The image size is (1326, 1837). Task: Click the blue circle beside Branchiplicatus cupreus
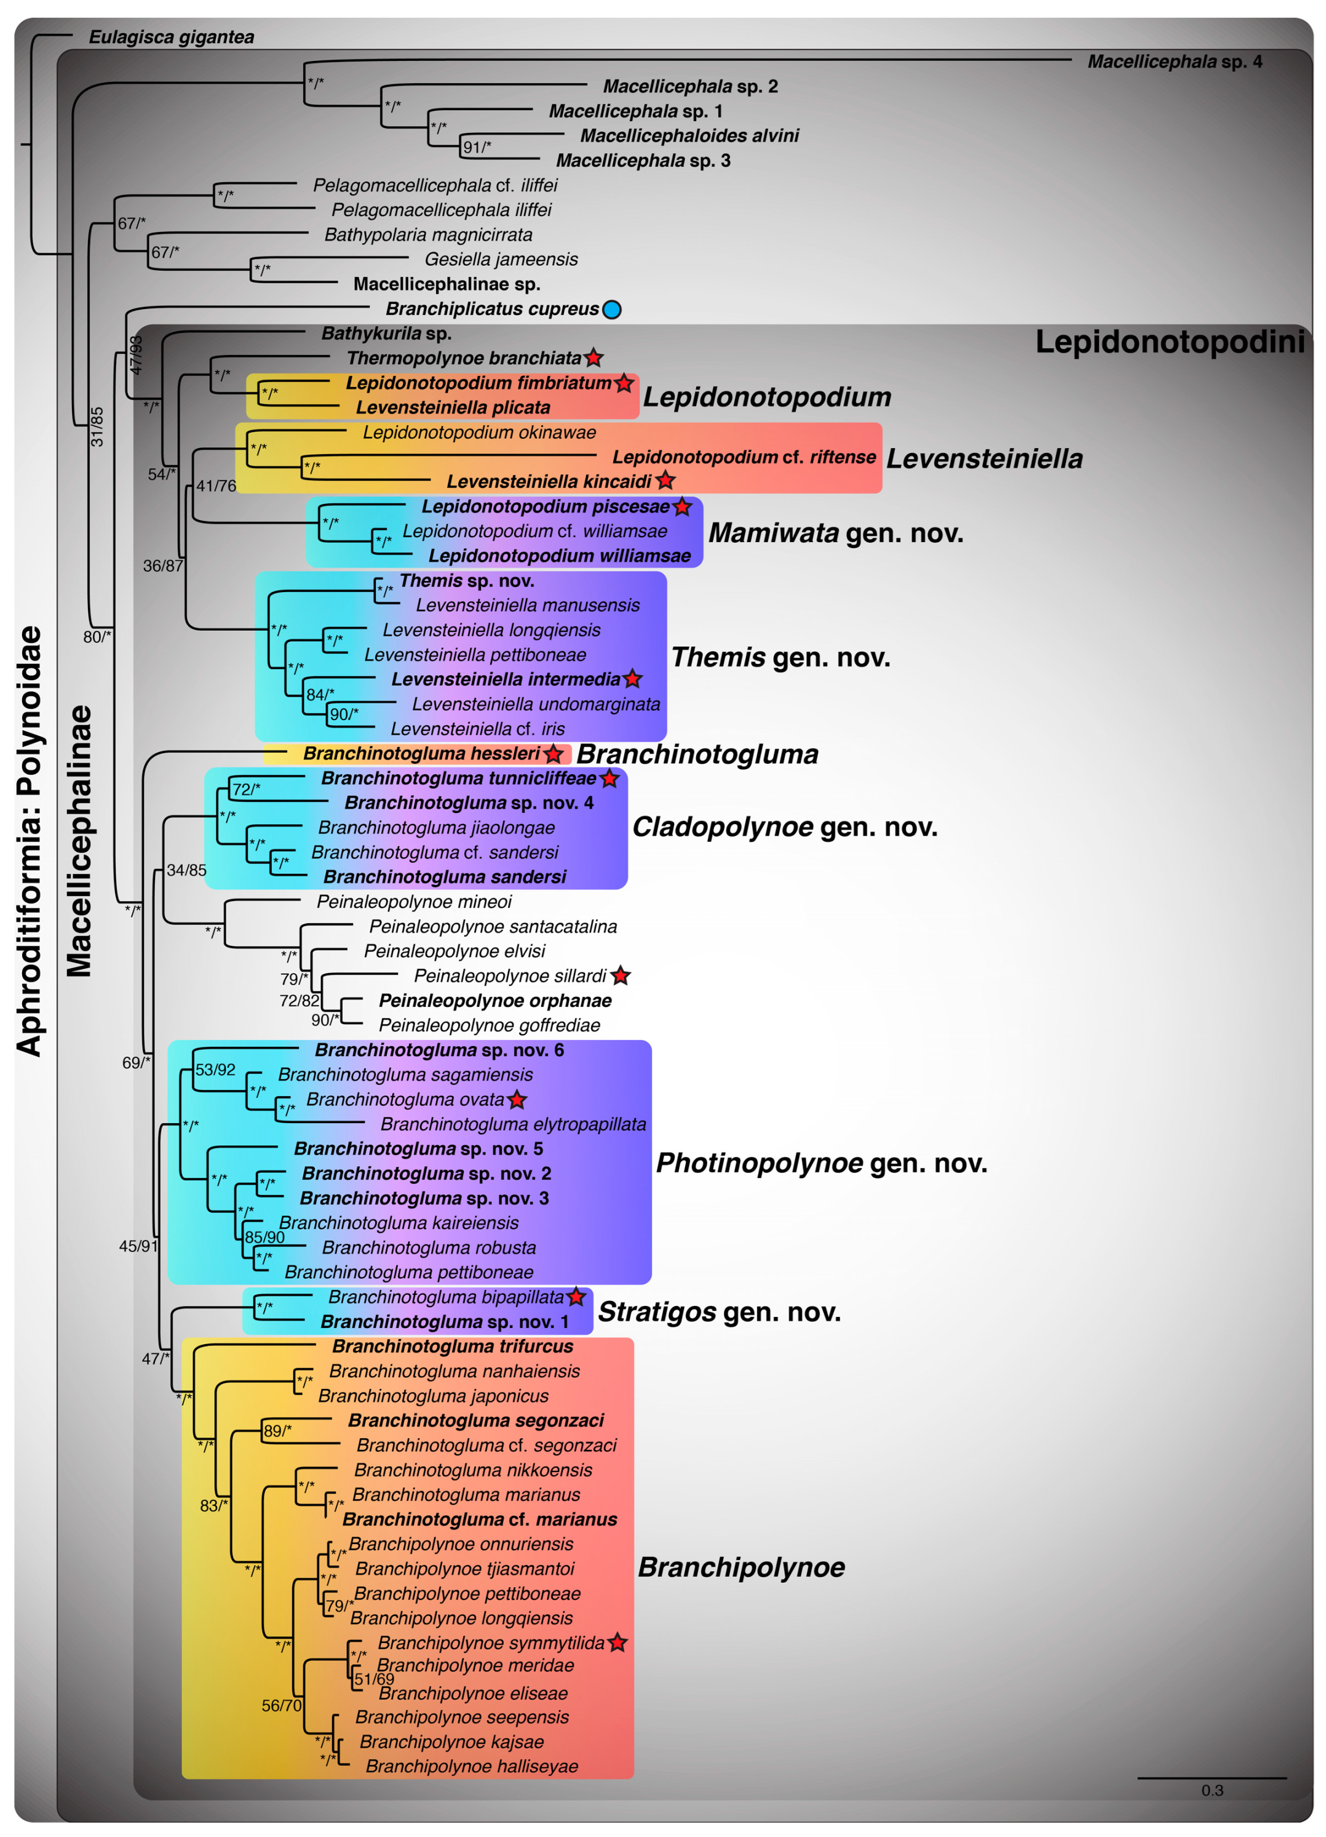(x=612, y=310)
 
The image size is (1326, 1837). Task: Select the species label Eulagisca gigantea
(x=171, y=38)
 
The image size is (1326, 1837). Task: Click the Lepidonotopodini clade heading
(x=1169, y=343)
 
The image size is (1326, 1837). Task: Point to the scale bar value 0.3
(x=1211, y=1790)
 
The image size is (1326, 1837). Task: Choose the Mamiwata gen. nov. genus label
(x=835, y=533)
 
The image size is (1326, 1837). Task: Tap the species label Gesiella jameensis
(x=501, y=259)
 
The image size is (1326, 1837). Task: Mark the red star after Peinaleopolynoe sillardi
(x=620, y=976)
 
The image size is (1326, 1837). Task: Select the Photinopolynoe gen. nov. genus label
(x=821, y=1163)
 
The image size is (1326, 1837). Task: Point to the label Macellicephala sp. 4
(x=1174, y=62)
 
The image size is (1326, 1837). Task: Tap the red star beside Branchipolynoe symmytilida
(x=617, y=1643)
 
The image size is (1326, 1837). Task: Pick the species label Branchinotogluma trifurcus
(x=453, y=1346)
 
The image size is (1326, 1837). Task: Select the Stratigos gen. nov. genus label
(x=719, y=1311)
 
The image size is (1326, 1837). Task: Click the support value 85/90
(x=264, y=1237)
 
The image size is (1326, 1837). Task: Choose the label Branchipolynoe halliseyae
(x=472, y=1766)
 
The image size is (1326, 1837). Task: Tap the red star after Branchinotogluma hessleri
(x=554, y=754)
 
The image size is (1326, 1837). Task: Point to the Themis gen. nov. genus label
(x=780, y=657)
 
